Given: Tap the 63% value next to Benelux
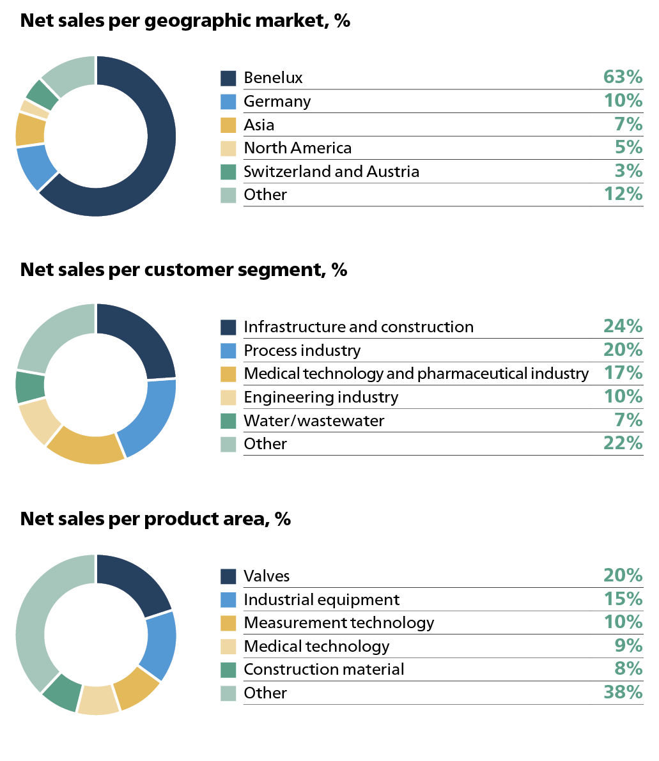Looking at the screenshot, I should [623, 77].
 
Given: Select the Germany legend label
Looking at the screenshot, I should [277, 101].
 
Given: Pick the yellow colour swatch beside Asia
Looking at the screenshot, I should [228, 125].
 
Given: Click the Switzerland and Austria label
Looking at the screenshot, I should [331, 171].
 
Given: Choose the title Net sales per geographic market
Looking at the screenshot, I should [185, 20].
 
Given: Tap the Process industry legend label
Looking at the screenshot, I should [302, 350].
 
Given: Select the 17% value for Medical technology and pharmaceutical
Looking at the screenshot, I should [623, 373].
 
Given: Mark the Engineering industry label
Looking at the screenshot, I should [321, 397].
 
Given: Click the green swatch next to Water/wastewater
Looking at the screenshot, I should [228, 420].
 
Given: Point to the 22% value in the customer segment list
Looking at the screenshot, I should [623, 443].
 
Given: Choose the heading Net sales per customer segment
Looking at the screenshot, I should [183, 270].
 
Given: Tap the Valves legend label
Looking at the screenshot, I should [267, 576].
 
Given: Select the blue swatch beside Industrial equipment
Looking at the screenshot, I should [228, 599].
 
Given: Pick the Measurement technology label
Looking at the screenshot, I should [339, 622].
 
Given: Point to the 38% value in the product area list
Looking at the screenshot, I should [623, 693].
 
